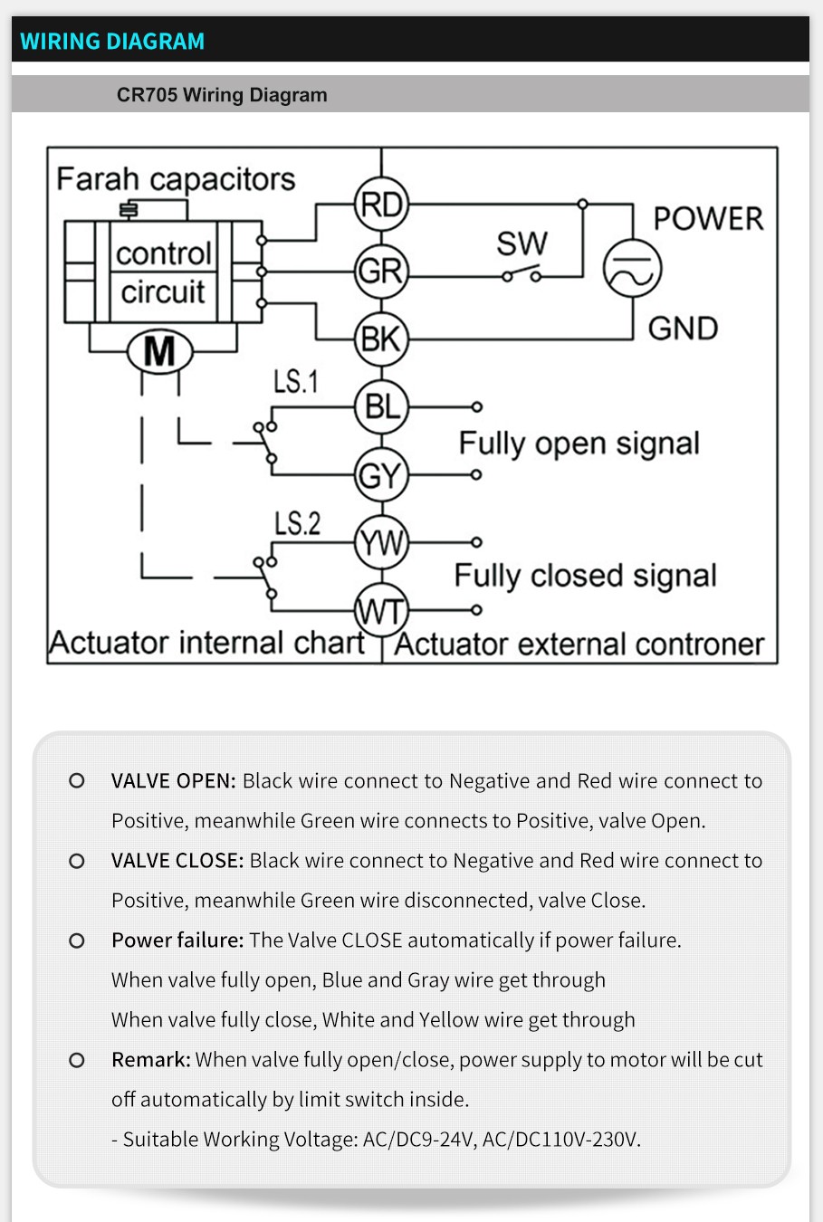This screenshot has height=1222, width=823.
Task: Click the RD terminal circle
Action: [x=381, y=204]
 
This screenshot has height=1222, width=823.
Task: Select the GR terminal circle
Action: [x=381, y=271]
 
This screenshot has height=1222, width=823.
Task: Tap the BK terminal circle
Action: [x=381, y=339]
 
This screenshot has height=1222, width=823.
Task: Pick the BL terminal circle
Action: [x=381, y=407]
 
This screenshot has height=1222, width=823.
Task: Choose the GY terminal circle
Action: [x=381, y=474]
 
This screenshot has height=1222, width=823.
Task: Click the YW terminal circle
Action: [x=381, y=542]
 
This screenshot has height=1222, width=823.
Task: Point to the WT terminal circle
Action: [x=381, y=611]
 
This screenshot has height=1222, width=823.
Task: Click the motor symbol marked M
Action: [x=159, y=351]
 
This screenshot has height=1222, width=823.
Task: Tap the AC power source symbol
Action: [x=633, y=269]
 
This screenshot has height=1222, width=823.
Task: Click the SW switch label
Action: [x=522, y=243]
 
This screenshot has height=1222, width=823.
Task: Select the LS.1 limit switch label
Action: [x=296, y=381]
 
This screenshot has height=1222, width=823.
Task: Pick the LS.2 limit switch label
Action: [x=297, y=523]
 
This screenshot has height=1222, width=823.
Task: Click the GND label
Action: [x=683, y=328]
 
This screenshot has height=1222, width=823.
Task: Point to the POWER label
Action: [x=708, y=218]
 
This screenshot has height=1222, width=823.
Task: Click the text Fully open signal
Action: [x=579, y=444]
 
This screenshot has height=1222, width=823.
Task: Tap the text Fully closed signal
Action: [x=585, y=576]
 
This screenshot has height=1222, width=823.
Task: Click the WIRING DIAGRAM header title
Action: [x=112, y=42]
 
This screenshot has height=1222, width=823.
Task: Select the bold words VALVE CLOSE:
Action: [x=177, y=861]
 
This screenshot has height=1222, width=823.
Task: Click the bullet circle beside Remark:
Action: [x=77, y=1060]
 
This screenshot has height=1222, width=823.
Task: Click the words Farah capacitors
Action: [x=176, y=178]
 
